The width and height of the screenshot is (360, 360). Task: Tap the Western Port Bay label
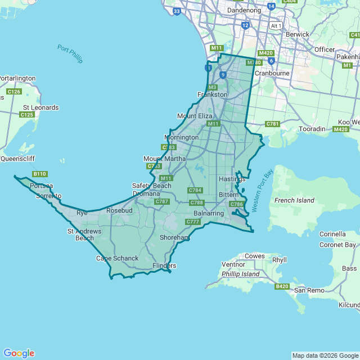pos(262,190)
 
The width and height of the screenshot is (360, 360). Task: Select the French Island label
pos(294,200)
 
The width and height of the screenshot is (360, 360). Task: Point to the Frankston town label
pos(212,94)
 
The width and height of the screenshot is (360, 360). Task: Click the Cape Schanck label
pos(117,258)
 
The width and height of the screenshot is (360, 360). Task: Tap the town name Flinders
pos(164,265)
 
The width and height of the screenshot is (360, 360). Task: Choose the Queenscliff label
pos(17,159)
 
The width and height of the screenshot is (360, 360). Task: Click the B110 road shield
pos(39,174)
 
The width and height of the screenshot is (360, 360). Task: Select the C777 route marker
pos(193,222)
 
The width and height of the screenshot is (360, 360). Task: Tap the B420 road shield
pos(282,286)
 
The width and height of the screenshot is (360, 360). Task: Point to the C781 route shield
pos(273,124)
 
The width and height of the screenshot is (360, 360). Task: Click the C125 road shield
pos(26,115)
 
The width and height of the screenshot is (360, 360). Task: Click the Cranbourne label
pos(272,73)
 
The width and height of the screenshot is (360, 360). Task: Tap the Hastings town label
pos(232,179)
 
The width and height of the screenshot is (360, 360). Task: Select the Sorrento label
pos(48,196)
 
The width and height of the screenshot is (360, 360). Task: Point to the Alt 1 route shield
pos(276,26)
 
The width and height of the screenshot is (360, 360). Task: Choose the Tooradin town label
pos(313,129)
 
